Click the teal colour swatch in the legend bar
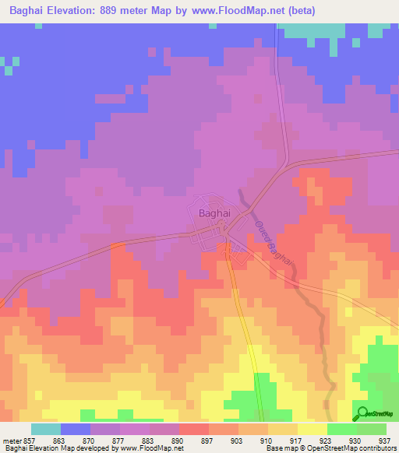pos(46,429)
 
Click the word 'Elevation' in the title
pos(78,10)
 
